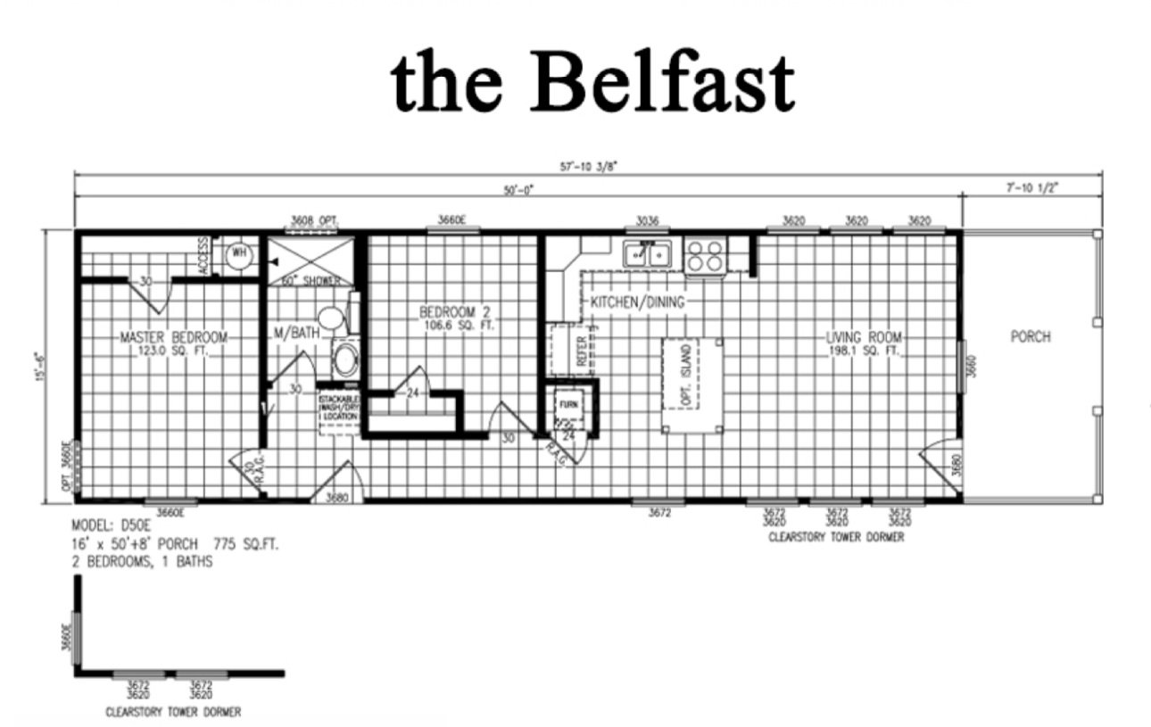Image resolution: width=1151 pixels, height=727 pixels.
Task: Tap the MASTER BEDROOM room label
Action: point(174,338)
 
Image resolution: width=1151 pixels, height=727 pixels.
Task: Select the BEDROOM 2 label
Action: point(455,313)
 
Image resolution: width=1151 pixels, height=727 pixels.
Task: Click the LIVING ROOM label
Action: point(864,338)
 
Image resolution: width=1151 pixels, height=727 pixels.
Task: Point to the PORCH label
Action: point(1031,337)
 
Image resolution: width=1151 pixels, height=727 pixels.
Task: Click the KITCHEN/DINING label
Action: point(637,302)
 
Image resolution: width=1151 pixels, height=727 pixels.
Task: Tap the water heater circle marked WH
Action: point(238,253)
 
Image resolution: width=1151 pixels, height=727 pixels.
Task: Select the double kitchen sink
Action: point(648,254)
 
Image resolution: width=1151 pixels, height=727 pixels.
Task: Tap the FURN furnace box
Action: point(568,404)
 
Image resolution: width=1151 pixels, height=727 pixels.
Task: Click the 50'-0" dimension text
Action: point(518,190)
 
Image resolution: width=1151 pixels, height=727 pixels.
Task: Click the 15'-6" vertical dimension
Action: point(37,367)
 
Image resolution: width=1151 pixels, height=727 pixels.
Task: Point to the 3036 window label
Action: point(648,220)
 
